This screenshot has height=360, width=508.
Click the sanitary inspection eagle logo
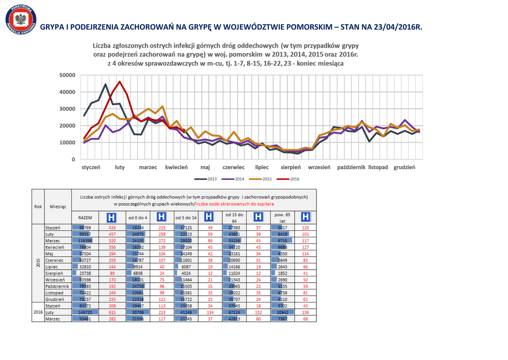[21, 21]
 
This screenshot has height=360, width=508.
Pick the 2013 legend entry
[208, 179]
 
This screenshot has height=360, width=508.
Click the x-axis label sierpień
[291, 168]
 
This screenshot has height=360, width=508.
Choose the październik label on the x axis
[351, 168]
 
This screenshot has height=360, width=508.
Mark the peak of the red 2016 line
[120, 81]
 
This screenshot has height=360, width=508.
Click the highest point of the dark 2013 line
[105, 84]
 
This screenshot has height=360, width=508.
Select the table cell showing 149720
[86, 312]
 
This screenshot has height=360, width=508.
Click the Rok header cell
[38, 206]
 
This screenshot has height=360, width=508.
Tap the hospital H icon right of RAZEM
[112, 217]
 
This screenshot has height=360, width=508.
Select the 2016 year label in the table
[38, 312]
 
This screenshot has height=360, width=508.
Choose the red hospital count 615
[112, 312]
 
